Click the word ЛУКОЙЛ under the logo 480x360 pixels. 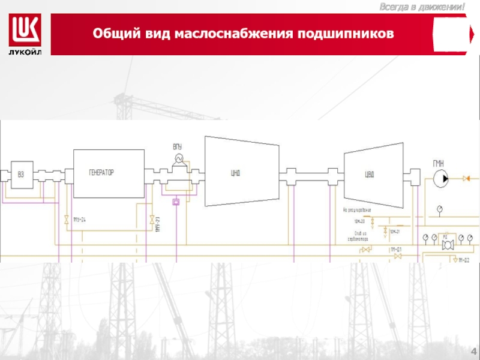pyautogui.click(x=25, y=50)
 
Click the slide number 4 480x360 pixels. pyautogui.click(x=473, y=351)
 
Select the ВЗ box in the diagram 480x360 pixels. pyautogui.click(x=21, y=175)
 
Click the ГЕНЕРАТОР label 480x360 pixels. pyautogui.click(x=101, y=173)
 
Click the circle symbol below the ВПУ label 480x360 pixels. pyautogui.click(x=178, y=158)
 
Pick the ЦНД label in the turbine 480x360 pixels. pyautogui.click(x=236, y=174)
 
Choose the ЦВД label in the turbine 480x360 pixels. pyautogui.click(x=370, y=175)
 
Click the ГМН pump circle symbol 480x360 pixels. pyautogui.click(x=441, y=178)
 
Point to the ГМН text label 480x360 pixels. pyautogui.click(x=440, y=164)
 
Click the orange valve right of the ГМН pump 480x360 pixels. pyautogui.click(x=467, y=178)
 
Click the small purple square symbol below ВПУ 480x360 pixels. pyautogui.click(x=176, y=202)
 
